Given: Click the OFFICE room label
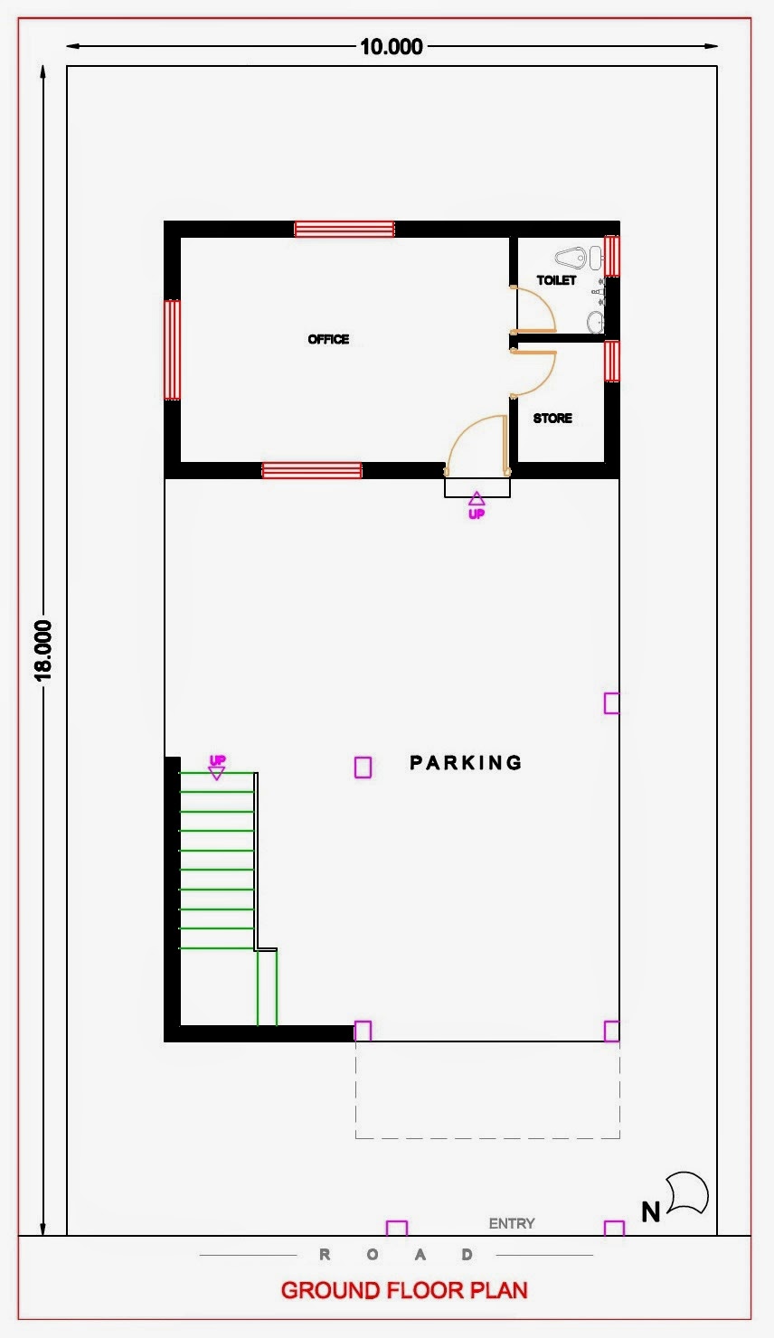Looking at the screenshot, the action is tap(328, 339).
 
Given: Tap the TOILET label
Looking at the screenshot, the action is tap(556, 280).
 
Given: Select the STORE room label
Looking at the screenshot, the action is tap(552, 418).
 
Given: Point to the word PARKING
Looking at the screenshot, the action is tap(466, 763).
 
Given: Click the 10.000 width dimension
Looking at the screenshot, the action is tap(392, 47).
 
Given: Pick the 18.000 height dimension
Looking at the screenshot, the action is tap(43, 651).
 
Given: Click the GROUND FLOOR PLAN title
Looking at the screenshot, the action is tap(404, 1290).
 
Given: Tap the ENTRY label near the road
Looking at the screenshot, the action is tap(512, 1223).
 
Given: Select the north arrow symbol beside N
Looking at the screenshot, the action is tap(688, 1194).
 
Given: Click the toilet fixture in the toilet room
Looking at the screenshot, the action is tap(571, 258).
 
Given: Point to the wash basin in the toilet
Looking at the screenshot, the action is tap(595, 322).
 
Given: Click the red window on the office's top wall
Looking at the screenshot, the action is tap(345, 229).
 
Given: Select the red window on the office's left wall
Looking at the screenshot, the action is tap(172, 350).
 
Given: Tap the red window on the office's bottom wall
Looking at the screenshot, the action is tap(312, 471).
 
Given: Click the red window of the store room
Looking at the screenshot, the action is tap(611, 361).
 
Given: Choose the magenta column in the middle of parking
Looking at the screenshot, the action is tap(363, 768).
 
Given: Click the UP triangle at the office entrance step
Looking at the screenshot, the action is tap(477, 498).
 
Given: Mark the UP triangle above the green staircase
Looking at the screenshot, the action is tap(216, 774).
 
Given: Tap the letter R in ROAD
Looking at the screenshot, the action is tap(325, 1255).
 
